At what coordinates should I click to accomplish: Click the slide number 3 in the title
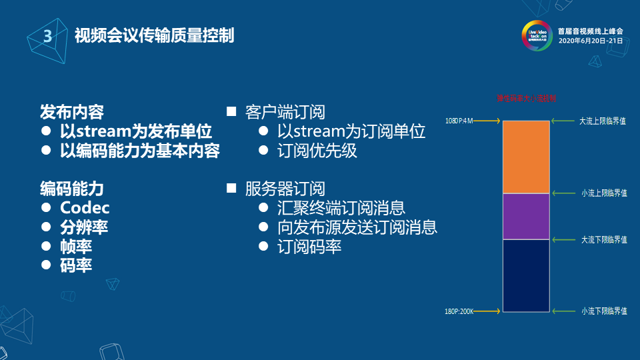coord(47,37)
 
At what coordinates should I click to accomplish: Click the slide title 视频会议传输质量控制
coord(154,35)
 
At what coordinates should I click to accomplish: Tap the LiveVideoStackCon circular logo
coord(537,36)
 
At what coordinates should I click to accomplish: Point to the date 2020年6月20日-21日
coord(590,41)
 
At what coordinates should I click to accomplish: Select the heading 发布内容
coord(71,111)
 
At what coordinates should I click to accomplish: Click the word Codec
coord(85,207)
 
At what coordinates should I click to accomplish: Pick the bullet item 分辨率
coord(84,227)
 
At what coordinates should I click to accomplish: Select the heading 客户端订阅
coord(285,111)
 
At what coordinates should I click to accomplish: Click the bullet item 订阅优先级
coord(317,150)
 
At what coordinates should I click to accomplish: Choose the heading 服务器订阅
coord(285,188)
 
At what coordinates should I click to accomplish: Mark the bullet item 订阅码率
coord(309,246)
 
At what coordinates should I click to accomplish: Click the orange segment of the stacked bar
coord(526,157)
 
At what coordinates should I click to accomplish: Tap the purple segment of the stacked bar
coord(526,216)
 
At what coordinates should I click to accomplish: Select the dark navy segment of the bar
coord(526,275)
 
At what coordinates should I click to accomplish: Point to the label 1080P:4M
coord(459,121)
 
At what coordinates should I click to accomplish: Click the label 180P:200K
coord(459,311)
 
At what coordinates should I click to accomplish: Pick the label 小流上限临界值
coord(604,193)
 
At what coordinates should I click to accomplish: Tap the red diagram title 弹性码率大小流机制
coord(526,98)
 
